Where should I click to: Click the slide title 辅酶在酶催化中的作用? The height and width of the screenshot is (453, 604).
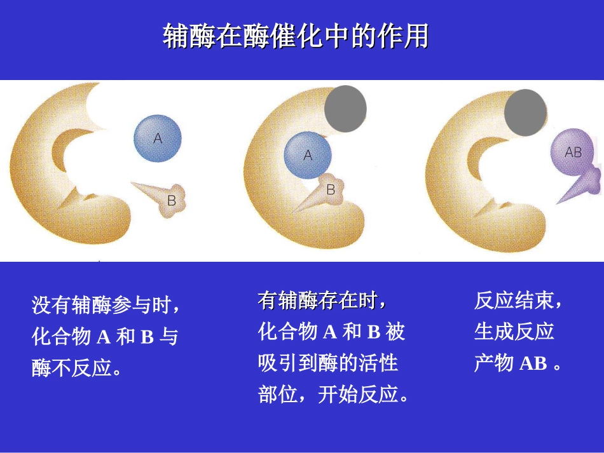(x=296, y=37)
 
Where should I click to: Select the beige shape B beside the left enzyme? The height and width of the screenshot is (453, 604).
(x=167, y=198)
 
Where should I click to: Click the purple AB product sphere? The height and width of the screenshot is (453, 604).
(x=574, y=152)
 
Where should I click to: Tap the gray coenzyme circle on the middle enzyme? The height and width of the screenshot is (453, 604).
(x=345, y=109)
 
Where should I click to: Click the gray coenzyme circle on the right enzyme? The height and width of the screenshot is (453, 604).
(x=525, y=112)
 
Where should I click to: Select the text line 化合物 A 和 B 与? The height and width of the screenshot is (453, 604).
(x=105, y=337)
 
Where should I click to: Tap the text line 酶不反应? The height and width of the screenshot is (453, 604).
(x=76, y=368)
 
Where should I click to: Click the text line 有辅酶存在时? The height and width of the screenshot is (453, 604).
(x=322, y=300)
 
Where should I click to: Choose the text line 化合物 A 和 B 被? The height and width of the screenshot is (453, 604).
(x=331, y=331)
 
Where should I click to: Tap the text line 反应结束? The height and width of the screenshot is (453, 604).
(x=518, y=300)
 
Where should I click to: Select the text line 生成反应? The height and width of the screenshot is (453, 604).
(x=514, y=331)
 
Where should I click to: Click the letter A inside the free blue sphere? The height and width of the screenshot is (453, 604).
(x=158, y=138)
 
